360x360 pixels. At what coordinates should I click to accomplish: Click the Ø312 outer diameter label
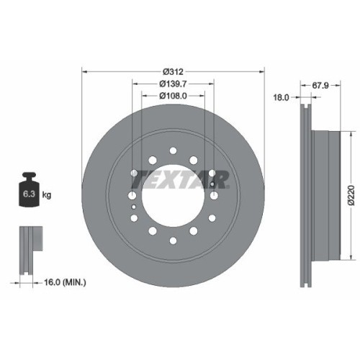pos(174,71)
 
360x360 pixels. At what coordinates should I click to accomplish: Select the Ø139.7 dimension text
pos(174,84)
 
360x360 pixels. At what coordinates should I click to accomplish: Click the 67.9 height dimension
pos(322,84)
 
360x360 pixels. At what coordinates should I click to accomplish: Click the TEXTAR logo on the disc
pos(183,179)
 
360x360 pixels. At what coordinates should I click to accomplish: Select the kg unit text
pos(48,195)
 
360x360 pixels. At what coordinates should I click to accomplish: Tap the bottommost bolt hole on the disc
pos(174,238)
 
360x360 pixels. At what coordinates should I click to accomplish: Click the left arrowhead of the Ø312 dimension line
pos(85,71)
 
